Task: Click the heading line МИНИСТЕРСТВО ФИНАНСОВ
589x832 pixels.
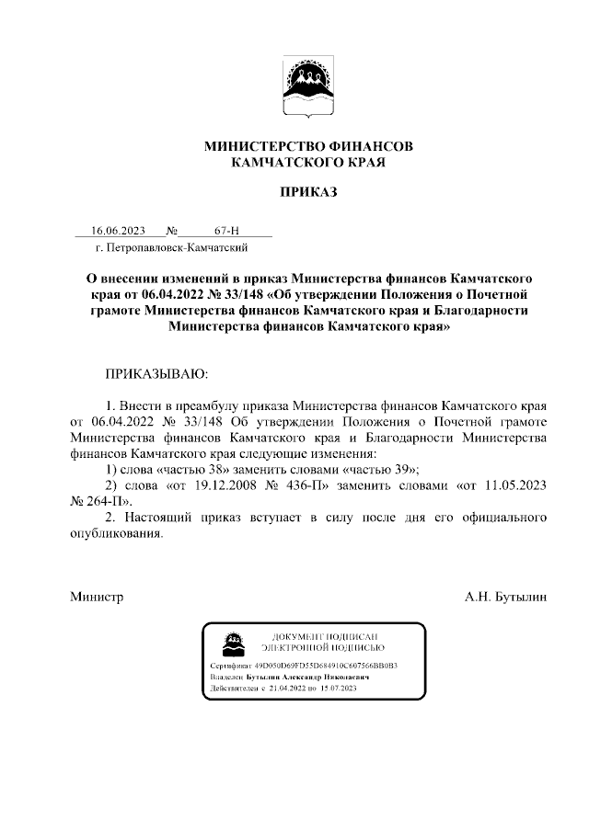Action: click(308, 146)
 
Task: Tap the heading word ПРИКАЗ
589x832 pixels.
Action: click(308, 192)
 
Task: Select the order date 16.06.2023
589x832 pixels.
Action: click(118, 231)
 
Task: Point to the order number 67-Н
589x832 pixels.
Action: click(226, 231)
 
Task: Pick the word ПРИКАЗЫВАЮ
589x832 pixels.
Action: click(157, 375)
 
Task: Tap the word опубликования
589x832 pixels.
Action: click(117, 534)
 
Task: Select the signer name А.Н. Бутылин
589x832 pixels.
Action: click(506, 597)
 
